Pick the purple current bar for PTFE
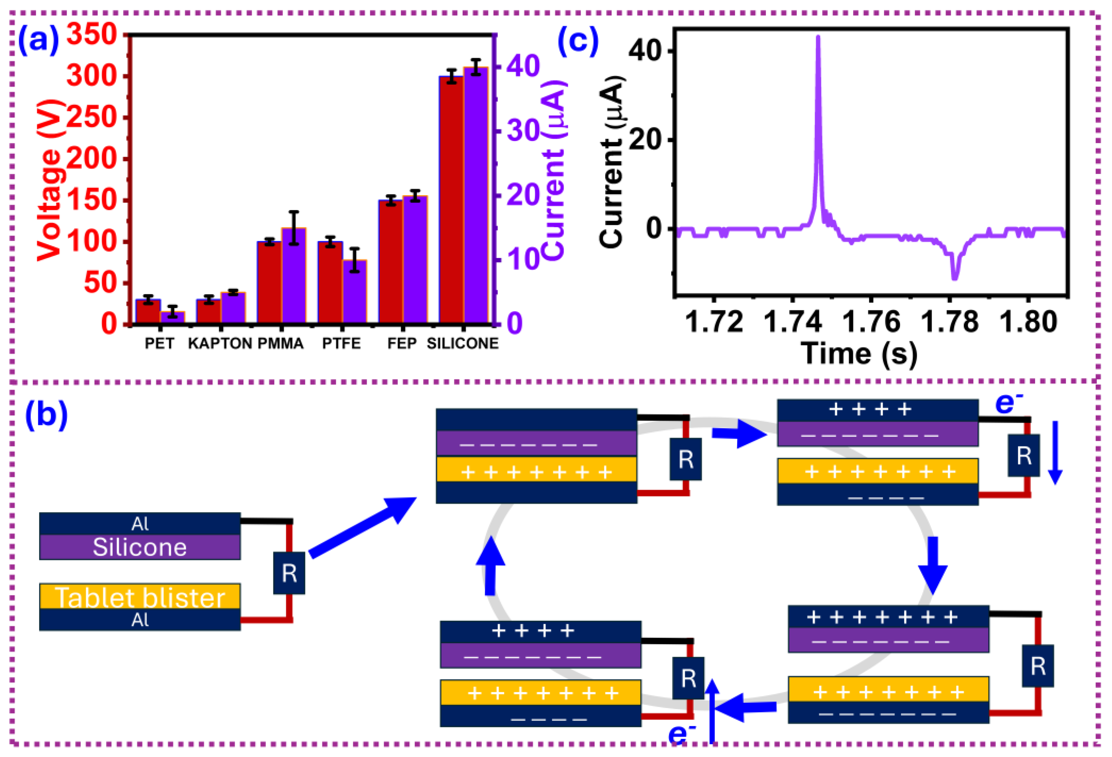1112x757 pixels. coord(355,292)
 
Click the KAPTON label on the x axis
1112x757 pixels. coord(219,343)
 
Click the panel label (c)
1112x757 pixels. coord(578,41)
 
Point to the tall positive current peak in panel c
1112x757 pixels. coord(818,38)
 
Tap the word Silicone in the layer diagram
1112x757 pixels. coord(140,548)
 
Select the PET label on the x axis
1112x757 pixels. coord(159,343)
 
